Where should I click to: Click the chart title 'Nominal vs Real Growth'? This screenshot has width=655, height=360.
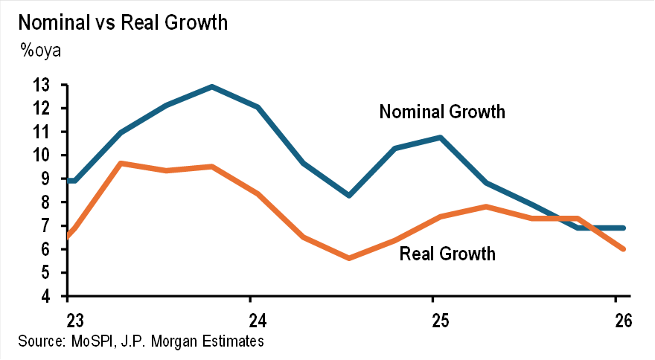[123, 22]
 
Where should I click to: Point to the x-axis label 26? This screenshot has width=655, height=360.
[622, 321]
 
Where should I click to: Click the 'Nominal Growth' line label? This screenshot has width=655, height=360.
[442, 112]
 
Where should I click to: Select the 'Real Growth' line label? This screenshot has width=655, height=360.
[447, 254]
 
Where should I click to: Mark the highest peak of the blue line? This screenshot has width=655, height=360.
[213, 87]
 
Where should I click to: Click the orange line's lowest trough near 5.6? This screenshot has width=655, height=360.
[349, 258]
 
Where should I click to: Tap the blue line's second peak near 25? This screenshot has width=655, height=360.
[440, 138]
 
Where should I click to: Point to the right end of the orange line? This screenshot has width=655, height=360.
[622, 249]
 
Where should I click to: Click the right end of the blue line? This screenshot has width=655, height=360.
[622, 228]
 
